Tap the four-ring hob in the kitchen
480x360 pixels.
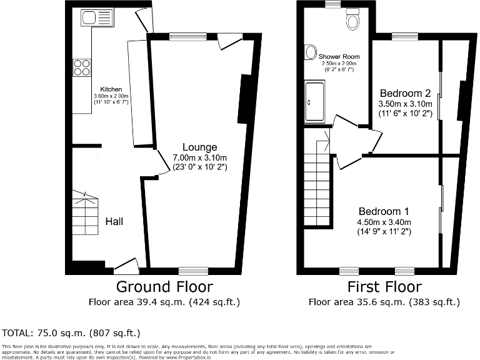point(82,67)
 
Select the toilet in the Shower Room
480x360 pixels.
point(354,22)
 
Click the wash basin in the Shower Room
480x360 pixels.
point(311,52)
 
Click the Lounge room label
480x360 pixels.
point(200,147)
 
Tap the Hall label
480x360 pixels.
point(114,221)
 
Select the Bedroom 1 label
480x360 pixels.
point(384,211)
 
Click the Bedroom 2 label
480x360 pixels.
point(405,94)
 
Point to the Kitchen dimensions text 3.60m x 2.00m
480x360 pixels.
point(111,96)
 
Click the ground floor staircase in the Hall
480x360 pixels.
point(84,216)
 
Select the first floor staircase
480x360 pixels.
point(317,187)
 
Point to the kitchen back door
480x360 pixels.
point(145,22)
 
